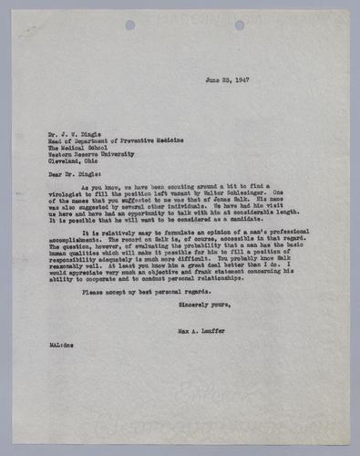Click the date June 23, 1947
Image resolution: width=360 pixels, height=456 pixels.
(x=227, y=80)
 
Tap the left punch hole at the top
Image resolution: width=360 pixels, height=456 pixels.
(x=129, y=25)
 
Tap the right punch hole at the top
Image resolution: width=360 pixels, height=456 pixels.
(x=239, y=25)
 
